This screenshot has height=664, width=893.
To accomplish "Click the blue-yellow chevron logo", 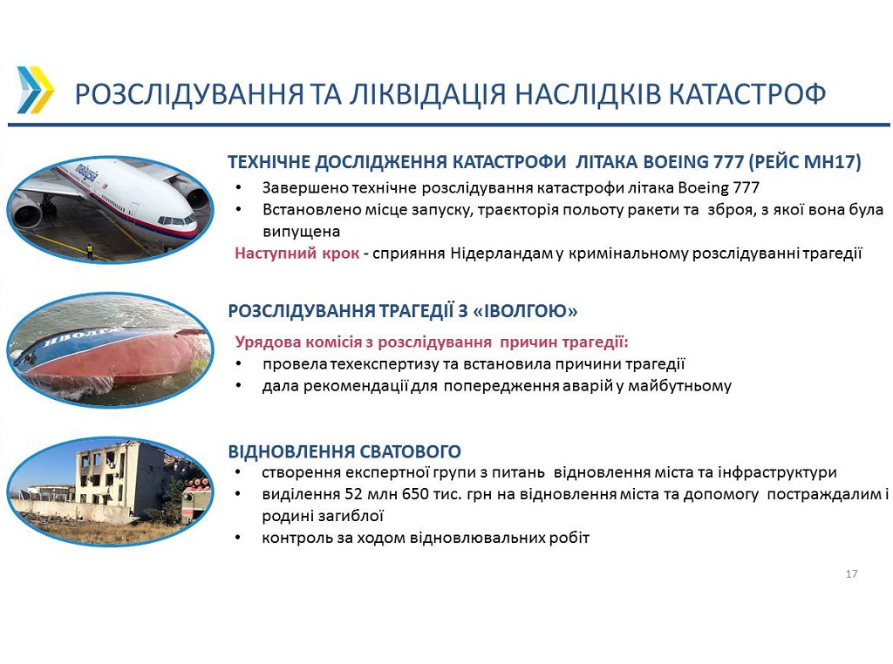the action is (x=35, y=90).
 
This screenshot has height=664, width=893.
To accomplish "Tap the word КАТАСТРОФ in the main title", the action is (x=746, y=94).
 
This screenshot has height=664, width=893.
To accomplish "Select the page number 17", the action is (x=851, y=574).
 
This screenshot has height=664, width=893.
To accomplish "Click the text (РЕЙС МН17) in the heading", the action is (x=804, y=162).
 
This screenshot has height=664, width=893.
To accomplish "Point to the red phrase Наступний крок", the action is (x=297, y=254).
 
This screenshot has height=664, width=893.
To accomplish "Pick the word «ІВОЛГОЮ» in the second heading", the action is (x=525, y=311).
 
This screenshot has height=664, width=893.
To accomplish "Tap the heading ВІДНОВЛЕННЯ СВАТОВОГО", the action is (x=344, y=451).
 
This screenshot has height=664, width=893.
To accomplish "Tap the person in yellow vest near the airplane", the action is (x=90, y=251).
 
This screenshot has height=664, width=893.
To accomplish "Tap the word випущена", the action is (x=301, y=232).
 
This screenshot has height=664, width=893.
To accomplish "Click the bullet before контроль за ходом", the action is (x=238, y=538).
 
